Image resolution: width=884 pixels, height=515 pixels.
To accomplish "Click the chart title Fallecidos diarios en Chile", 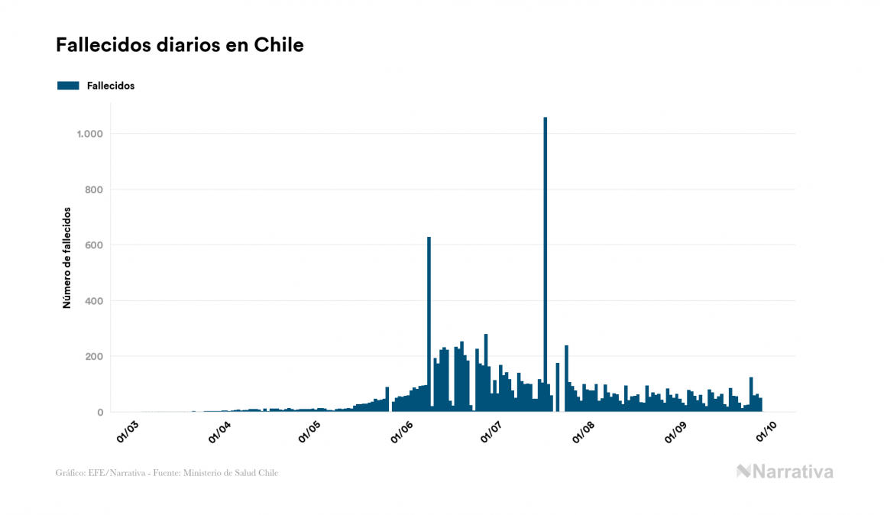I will (x=180, y=45).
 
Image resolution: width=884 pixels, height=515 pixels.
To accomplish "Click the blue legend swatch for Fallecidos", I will (x=68, y=86).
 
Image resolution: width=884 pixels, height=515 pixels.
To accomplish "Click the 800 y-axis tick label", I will (x=94, y=189).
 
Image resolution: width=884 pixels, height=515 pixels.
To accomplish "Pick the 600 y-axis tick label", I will (x=94, y=245).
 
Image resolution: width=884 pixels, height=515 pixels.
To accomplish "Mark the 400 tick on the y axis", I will (x=94, y=301).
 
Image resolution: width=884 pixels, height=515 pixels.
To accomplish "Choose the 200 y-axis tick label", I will (x=94, y=357).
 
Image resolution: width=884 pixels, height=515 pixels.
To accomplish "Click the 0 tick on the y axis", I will (x=100, y=413).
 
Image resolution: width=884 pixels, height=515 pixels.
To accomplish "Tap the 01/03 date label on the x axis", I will (x=127, y=432).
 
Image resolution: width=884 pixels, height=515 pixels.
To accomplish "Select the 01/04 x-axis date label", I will (x=219, y=432).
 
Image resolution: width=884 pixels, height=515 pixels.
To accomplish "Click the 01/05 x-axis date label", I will (x=309, y=432).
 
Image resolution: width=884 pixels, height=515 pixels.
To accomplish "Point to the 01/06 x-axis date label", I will (x=401, y=432).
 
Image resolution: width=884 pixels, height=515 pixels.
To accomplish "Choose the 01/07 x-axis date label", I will (x=492, y=432).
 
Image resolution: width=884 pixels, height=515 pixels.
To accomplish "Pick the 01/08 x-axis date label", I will (x=584, y=432).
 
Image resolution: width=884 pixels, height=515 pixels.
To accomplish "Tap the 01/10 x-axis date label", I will (x=766, y=432).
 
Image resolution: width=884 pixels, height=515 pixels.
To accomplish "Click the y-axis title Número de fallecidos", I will (x=66, y=257).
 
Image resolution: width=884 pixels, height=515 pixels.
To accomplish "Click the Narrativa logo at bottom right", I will (x=785, y=471).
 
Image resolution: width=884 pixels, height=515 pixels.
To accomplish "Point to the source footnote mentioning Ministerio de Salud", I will (x=167, y=473).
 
